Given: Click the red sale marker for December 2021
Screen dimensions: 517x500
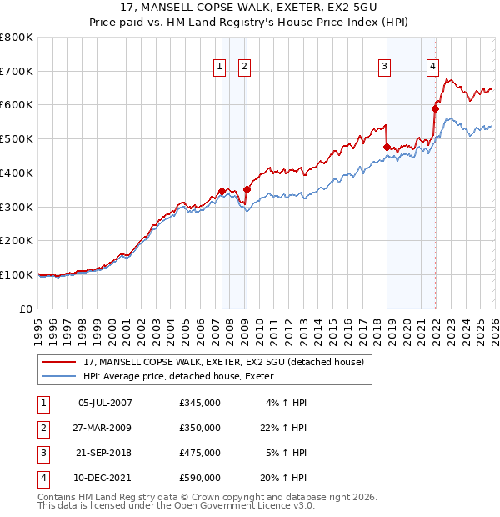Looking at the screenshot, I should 435,108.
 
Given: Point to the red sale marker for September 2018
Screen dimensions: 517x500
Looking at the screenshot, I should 387,147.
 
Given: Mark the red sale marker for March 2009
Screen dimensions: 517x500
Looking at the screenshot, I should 247,189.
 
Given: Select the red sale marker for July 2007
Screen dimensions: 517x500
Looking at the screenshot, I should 222,191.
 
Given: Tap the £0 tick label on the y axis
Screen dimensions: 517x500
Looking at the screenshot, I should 26,309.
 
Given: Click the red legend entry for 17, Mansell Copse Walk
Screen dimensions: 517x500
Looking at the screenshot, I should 223,363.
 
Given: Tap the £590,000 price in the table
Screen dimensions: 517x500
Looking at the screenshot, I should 199,478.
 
